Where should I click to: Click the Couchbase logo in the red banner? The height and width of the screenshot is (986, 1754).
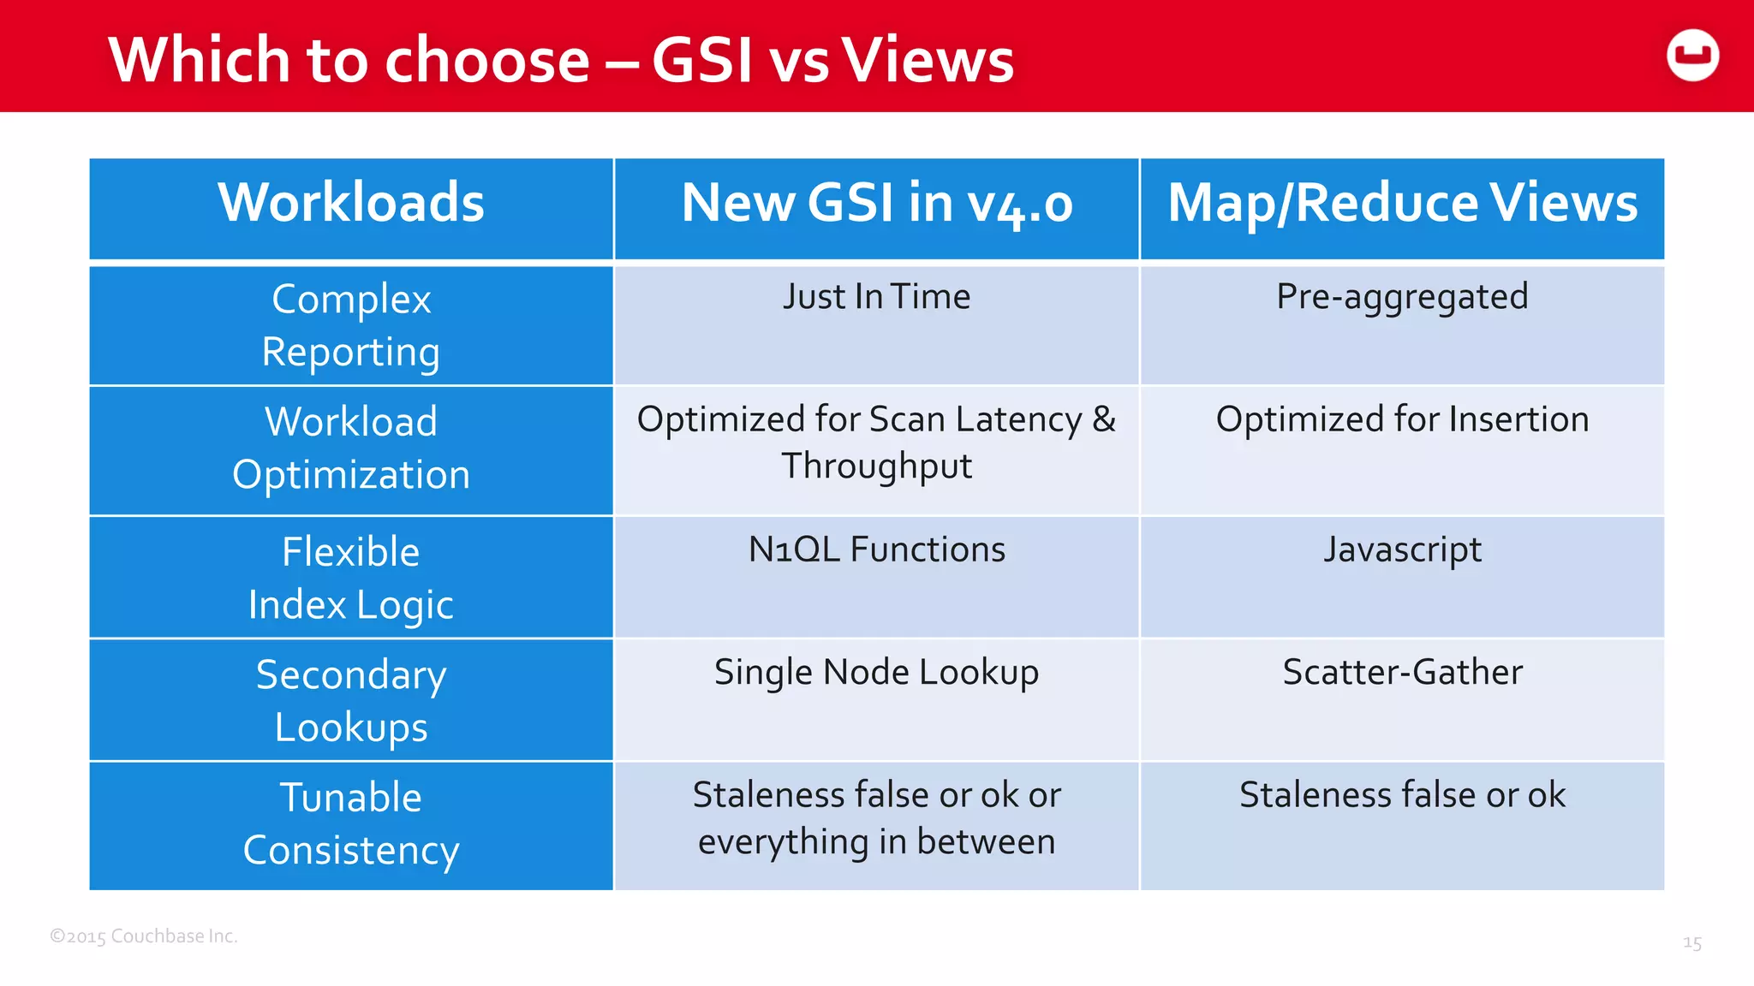[1692, 56]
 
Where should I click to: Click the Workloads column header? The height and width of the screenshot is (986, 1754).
[351, 203]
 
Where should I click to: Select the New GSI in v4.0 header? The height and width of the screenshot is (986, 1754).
[876, 204]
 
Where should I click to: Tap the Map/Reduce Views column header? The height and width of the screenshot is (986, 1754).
[1402, 204]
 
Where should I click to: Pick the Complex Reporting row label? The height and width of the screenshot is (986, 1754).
[351, 325]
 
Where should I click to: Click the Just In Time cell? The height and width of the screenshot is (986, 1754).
[876, 297]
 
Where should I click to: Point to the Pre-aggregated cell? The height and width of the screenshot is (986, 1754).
[1402, 297]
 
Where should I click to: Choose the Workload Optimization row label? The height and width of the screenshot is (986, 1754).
[351, 448]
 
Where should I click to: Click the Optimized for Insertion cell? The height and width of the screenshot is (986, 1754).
[1402, 419]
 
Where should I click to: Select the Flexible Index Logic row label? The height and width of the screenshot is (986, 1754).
[351, 578]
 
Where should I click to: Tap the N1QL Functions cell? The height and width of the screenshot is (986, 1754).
[876, 549]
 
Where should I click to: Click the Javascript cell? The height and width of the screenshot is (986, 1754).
[1402, 549]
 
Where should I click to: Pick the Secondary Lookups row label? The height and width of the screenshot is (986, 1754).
[351, 700]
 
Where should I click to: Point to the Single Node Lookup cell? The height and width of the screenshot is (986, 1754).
[876, 673]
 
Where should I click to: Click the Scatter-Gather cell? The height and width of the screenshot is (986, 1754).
[1402, 673]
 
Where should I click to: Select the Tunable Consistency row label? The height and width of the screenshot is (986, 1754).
[351, 823]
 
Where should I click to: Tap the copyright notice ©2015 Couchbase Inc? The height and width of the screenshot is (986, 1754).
[144, 936]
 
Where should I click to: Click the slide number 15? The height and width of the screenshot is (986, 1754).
[1691, 943]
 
